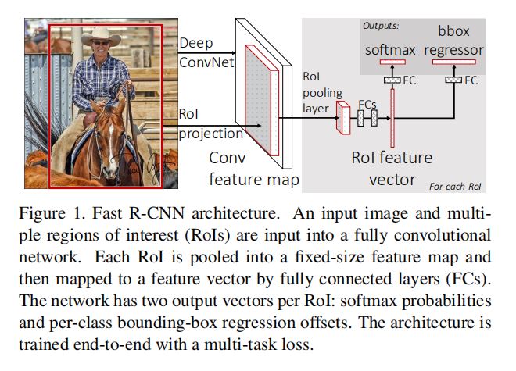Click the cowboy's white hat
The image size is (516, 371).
tap(101, 36)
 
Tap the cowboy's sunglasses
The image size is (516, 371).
tap(100, 43)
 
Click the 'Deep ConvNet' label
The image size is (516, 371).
tap(206, 52)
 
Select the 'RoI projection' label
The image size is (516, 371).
tap(210, 123)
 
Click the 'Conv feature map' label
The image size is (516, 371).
tap(254, 169)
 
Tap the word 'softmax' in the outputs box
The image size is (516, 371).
tap(390, 50)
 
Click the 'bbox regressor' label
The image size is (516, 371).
tap(453, 41)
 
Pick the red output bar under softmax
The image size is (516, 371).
tap(392, 62)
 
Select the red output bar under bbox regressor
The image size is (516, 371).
tap(453, 62)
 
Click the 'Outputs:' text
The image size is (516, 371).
tap(381, 26)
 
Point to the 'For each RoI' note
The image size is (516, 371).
tap(455, 187)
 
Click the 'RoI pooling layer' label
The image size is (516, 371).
tap(322, 92)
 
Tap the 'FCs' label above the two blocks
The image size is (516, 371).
tap(367, 105)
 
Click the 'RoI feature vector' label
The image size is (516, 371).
tap(392, 169)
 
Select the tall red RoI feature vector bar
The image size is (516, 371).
tap(392, 118)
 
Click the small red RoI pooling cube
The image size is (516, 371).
tap(343, 117)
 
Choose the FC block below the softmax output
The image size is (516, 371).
tap(392, 80)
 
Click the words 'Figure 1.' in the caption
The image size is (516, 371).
tap(52, 213)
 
